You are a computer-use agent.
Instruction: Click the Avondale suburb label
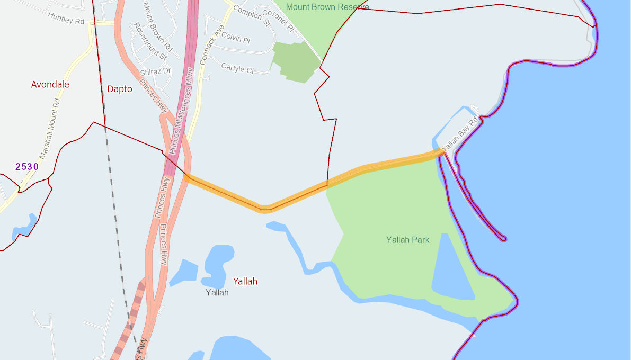click(x=50, y=85)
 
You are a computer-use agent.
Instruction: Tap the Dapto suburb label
click(x=120, y=89)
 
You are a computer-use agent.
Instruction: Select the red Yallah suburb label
click(x=245, y=281)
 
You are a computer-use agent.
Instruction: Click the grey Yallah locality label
click(x=217, y=292)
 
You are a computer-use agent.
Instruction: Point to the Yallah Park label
click(x=407, y=240)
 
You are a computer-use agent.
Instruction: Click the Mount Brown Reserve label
click(x=327, y=7)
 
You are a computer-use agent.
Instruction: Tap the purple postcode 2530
click(x=27, y=167)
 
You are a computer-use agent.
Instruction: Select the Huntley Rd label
click(x=66, y=18)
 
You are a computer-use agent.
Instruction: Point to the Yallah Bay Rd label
click(x=459, y=133)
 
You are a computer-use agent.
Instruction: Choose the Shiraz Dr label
click(x=155, y=71)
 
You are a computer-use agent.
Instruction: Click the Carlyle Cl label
click(x=237, y=68)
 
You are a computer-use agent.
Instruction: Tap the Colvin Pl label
click(x=235, y=38)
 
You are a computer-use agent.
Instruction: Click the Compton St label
click(x=252, y=16)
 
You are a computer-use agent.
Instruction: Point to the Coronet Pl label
click(x=278, y=21)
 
